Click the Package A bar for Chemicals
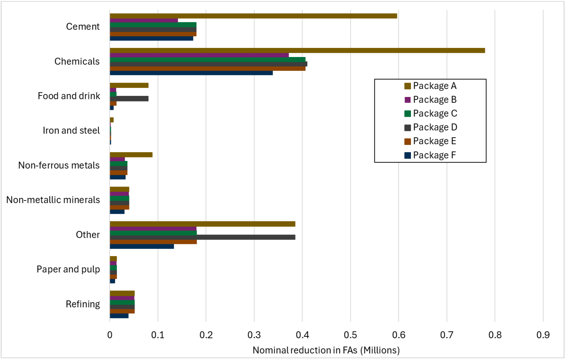point(297,51)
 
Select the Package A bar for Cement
point(253,16)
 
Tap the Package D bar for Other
point(202,237)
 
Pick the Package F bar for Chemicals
point(191,73)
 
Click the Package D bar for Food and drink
point(129,99)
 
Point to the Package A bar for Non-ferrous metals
point(131,155)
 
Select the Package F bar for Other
point(142,246)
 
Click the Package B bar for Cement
point(144,21)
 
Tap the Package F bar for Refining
point(119,316)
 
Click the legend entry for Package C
point(435,114)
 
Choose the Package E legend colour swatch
point(408,141)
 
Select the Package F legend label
point(434,155)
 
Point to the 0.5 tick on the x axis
point(350,335)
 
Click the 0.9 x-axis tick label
point(543,335)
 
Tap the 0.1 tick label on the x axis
point(158,335)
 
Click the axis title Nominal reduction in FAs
point(326,350)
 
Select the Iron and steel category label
point(71,131)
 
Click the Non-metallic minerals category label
point(53,200)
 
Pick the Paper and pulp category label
point(68,270)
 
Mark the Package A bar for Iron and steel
point(112,120)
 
